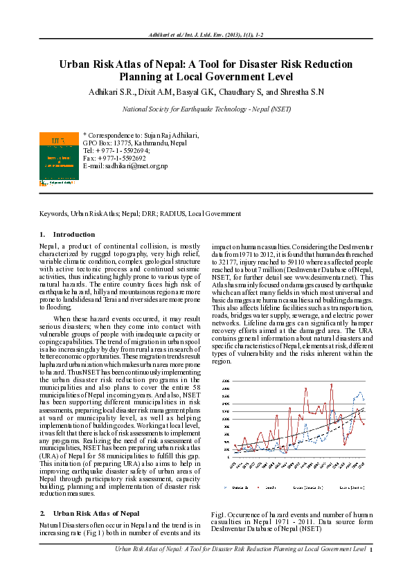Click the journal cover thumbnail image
[59, 156]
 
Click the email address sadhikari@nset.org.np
[135, 166]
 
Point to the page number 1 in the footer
[371, 550]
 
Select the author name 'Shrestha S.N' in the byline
[302, 91]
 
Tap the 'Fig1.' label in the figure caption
[218, 515]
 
